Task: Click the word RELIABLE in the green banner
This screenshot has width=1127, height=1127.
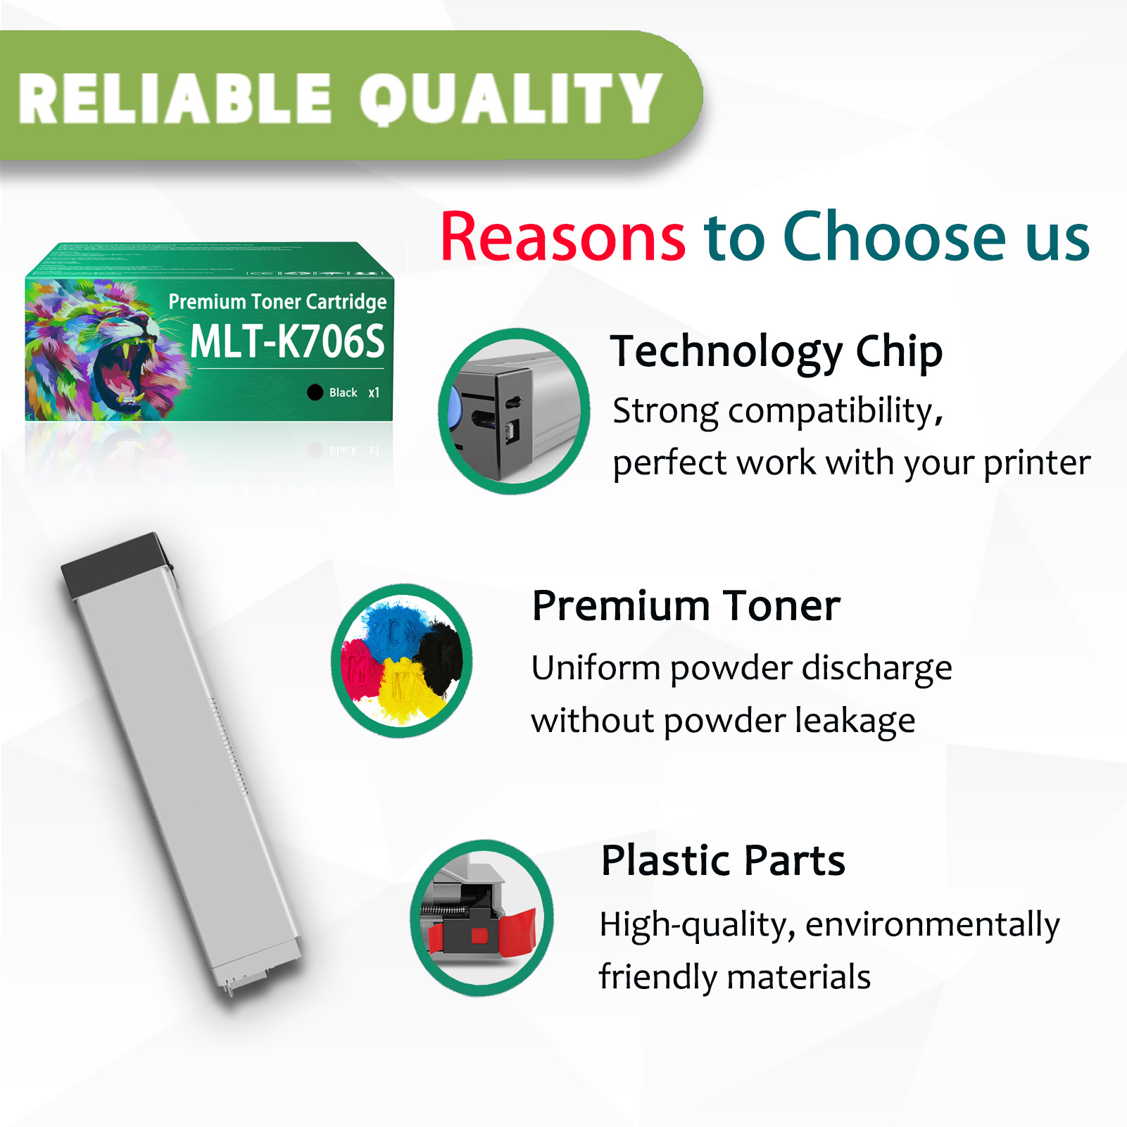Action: point(175,99)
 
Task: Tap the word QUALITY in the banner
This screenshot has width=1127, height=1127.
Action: point(510,99)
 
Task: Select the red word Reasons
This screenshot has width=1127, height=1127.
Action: point(562,237)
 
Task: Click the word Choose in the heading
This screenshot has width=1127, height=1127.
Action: point(895,237)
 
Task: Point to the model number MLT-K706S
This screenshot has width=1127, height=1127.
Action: point(287,342)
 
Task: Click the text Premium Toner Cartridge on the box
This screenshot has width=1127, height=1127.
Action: point(277,302)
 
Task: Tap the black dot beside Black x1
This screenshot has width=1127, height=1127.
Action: point(315,392)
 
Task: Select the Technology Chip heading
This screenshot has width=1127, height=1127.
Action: point(776,351)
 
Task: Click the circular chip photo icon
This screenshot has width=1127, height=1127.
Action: point(514,411)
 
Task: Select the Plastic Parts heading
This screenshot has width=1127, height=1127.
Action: point(723,860)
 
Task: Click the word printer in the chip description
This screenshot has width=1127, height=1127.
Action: point(1036,463)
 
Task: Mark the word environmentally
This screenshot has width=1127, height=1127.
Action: point(932,924)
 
